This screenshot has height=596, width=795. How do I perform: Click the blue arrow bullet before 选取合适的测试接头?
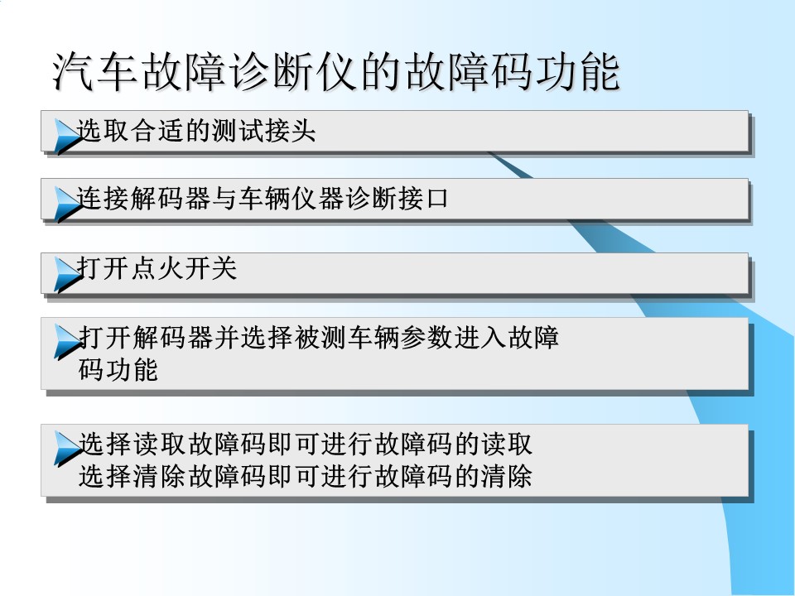point(67,136)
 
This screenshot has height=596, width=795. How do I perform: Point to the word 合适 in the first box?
point(157,131)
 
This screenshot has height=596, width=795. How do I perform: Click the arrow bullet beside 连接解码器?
point(67,204)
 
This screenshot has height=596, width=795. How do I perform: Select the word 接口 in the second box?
point(423,198)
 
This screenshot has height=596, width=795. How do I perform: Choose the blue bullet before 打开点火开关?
point(67,274)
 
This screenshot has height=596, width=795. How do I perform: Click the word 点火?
point(157,267)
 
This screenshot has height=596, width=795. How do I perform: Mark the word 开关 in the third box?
point(210,267)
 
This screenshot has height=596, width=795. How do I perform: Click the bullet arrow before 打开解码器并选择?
point(67,342)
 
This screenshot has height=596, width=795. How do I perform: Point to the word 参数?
point(426,337)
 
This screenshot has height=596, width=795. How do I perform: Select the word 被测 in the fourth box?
point(320,337)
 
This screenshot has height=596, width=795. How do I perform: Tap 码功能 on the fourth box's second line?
point(118,369)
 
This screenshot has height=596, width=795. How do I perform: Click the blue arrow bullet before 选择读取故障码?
point(67,449)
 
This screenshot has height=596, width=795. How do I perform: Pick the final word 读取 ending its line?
point(507,444)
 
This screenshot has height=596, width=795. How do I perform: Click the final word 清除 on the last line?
point(507,476)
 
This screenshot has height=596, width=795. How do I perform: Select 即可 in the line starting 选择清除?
point(293,476)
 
